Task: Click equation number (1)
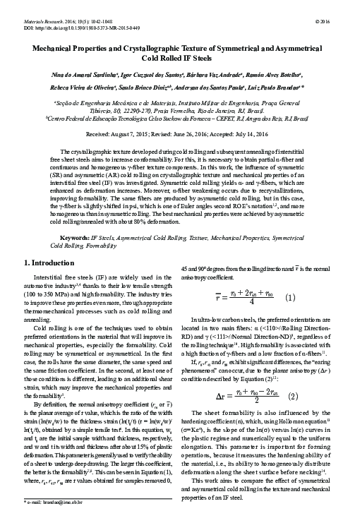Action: [290, 297]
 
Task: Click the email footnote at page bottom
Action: [54, 522]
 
